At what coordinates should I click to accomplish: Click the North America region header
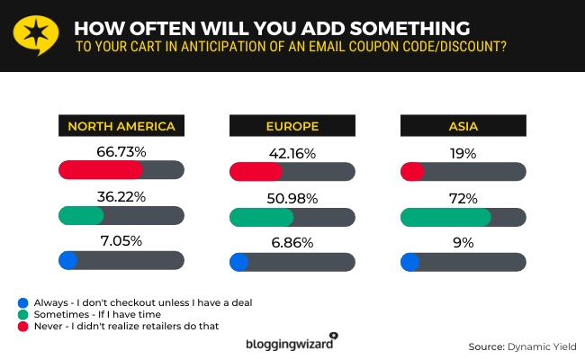(121, 126)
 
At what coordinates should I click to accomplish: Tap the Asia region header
(463, 126)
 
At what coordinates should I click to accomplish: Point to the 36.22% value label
(121, 196)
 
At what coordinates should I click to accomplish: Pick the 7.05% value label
(121, 241)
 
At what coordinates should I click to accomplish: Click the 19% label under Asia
(463, 153)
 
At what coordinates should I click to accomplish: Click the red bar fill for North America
(100, 170)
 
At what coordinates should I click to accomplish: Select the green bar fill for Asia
(445, 217)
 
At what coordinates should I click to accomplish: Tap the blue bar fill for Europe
(239, 262)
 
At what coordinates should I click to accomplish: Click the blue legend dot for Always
(22, 301)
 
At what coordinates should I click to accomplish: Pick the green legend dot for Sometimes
(22, 313)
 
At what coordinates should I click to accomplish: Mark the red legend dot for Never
(22, 325)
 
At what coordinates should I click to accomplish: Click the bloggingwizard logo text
(289, 344)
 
